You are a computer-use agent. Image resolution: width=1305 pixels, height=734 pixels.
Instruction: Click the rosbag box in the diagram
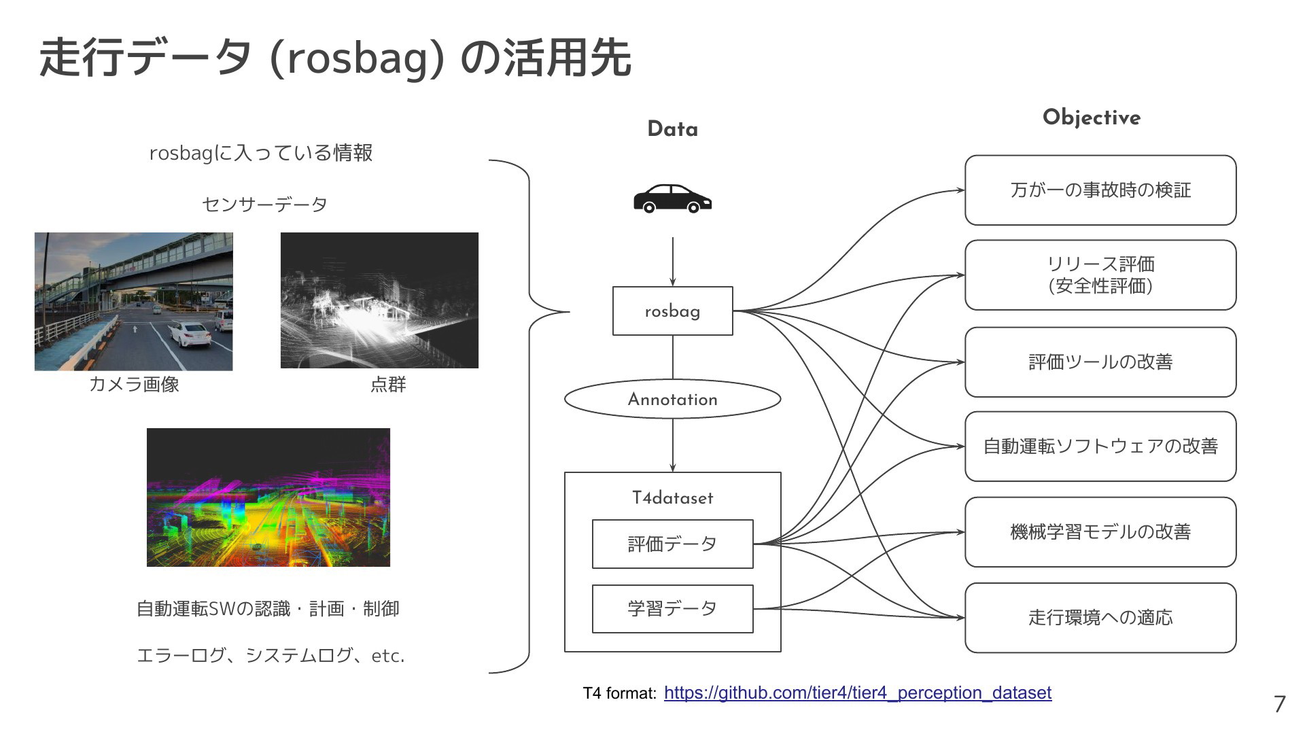pyautogui.click(x=672, y=311)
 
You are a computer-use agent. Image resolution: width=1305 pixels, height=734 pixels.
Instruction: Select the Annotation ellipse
pyautogui.click(x=672, y=399)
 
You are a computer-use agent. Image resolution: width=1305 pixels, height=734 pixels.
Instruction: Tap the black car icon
pyautogui.click(x=672, y=198)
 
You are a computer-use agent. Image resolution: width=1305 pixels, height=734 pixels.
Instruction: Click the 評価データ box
pyautogui.click(x=672, y=544)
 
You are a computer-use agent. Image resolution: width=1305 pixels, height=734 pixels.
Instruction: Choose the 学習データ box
pyautogui.click(x=672, y=608)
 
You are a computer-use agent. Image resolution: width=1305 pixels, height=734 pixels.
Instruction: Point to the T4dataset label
pyautogui.click(x=672, y=497)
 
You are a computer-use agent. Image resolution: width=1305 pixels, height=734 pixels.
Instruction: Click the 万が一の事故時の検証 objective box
pyautogui.click(x=1100, y=190)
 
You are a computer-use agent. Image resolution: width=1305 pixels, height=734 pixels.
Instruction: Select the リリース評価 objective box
pyautogui.click(x=1100, y=275)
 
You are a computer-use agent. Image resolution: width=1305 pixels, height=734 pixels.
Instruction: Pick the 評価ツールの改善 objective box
pyautogui.click(x=1100, y=362)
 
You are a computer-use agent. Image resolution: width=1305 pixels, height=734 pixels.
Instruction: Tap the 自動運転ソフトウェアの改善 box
pyautogui.click(x=1100, y=446)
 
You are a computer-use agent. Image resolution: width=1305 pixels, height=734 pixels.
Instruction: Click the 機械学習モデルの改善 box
pyautogui.click(x=1100, y=531)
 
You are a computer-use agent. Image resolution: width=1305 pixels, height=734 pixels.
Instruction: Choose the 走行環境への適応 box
pyautogui.click(x=1100, y=617)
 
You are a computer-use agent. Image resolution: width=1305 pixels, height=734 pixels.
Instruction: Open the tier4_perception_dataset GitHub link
pyautogui.click(x=858, y=693)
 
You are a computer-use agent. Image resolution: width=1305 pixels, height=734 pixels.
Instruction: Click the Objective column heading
pyautogui.click(x=1092, y=118)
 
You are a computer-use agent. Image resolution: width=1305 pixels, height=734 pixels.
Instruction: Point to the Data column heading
pyautogui.click(x=672, y=129)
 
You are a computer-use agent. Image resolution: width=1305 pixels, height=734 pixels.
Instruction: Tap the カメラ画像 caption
pyautogui.click(x=134, y=384)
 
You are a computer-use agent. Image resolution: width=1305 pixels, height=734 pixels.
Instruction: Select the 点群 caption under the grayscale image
pyautogui.click(x=388, y=384)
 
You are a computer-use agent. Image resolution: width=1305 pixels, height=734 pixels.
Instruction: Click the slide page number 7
pyautogui.click(x=1279, y=704)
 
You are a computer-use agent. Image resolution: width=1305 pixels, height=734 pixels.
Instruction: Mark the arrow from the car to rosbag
pyautogui.click(x=673, y=262)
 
